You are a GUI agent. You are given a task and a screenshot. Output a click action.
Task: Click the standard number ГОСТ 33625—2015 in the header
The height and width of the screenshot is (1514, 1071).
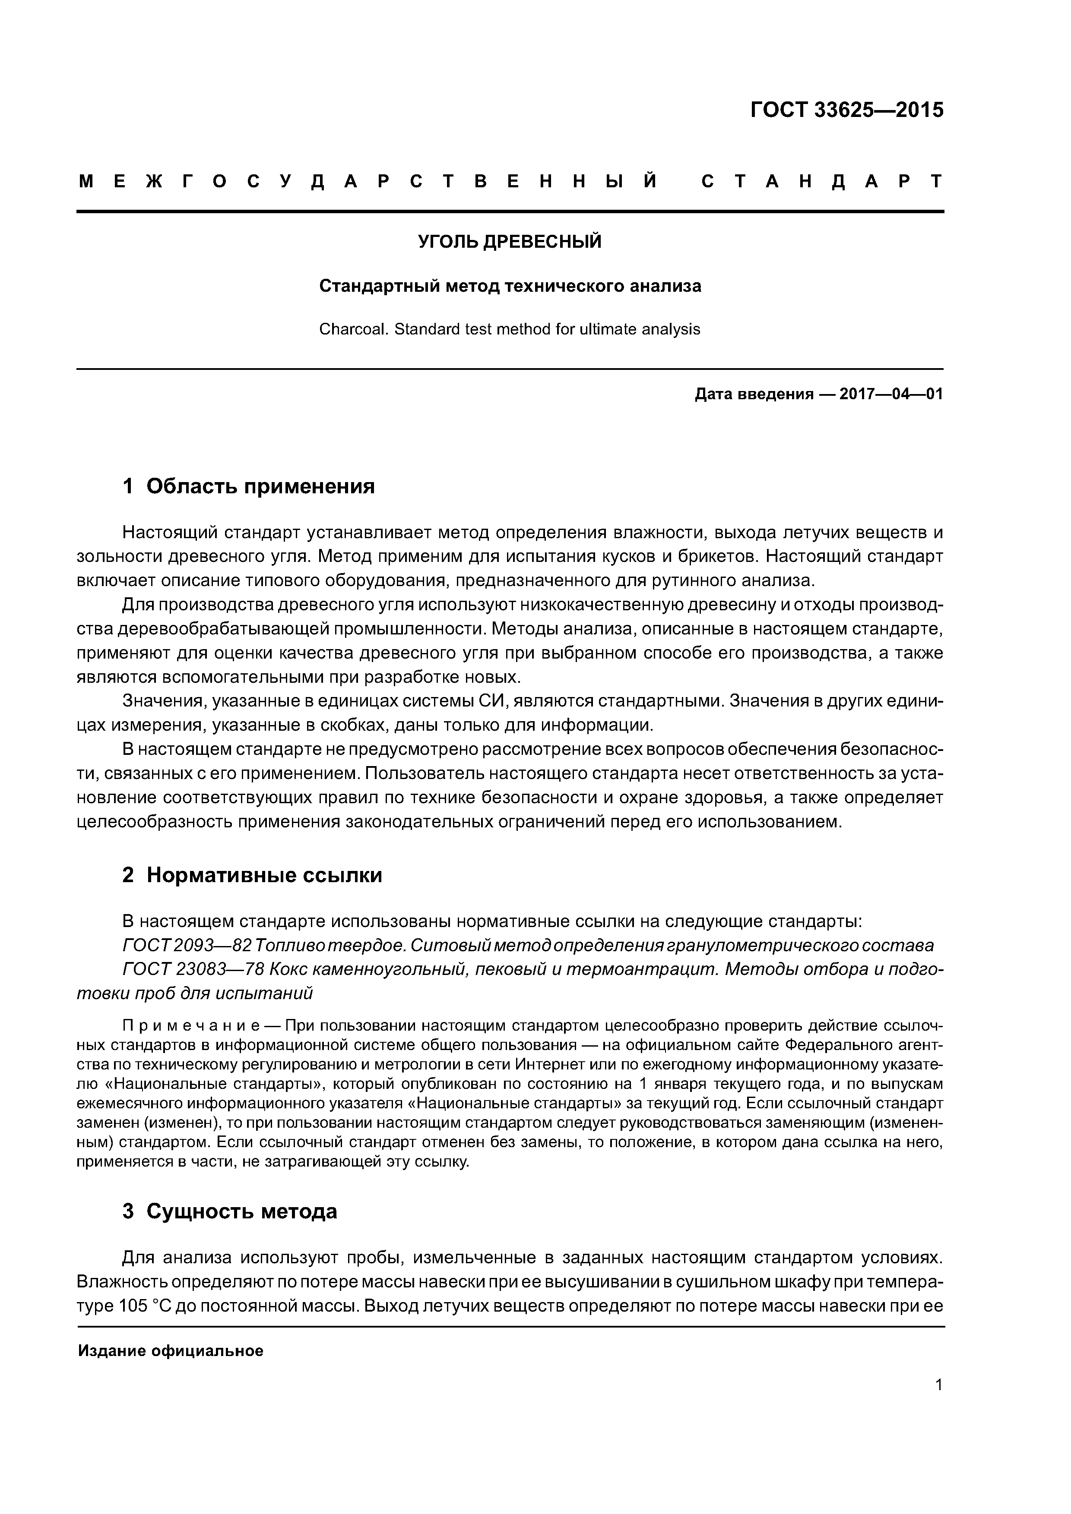coord(846,110)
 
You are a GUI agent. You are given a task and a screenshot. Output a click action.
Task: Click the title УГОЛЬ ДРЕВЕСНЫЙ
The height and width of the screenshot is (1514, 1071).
coord(510,242)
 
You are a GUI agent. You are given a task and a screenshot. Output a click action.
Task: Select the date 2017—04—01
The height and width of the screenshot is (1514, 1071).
coord(891,394)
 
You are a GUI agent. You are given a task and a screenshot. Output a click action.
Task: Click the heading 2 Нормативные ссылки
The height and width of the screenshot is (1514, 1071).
coord(252,875)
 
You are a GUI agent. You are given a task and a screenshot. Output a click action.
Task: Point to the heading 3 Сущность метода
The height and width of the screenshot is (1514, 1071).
coord(230,1211)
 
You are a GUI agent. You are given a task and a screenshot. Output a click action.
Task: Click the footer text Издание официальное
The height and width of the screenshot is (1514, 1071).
coord(170,1351)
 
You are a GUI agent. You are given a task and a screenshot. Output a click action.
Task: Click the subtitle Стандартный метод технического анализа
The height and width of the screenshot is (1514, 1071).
coord(510,286)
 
